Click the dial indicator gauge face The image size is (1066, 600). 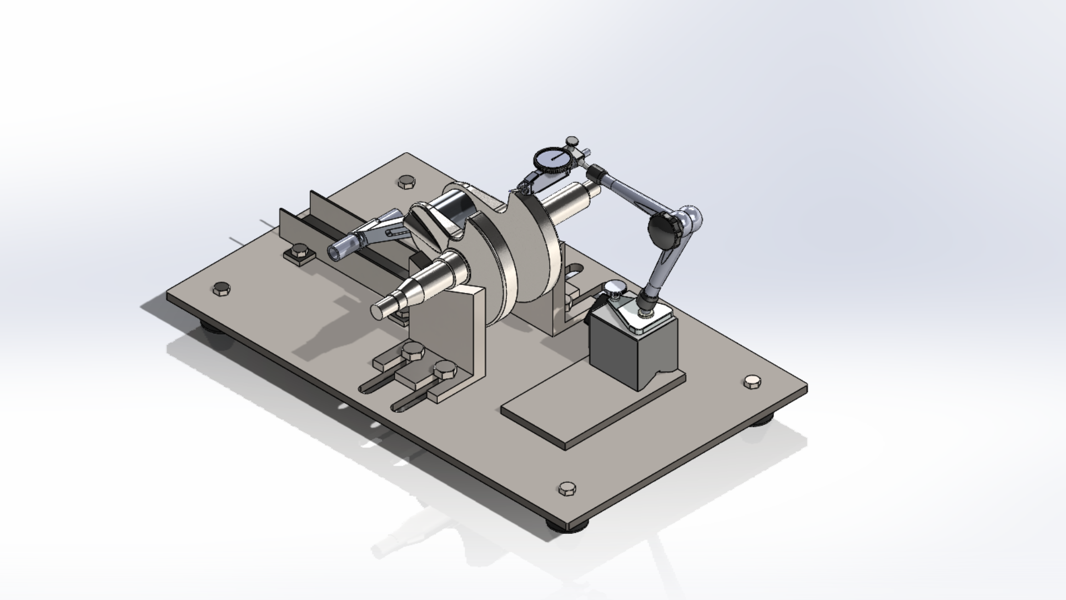552,158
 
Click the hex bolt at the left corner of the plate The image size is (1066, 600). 221,288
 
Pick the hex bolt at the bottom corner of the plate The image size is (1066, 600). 566,489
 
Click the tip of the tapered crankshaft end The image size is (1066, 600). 377,312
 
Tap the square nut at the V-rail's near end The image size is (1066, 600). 299,256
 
